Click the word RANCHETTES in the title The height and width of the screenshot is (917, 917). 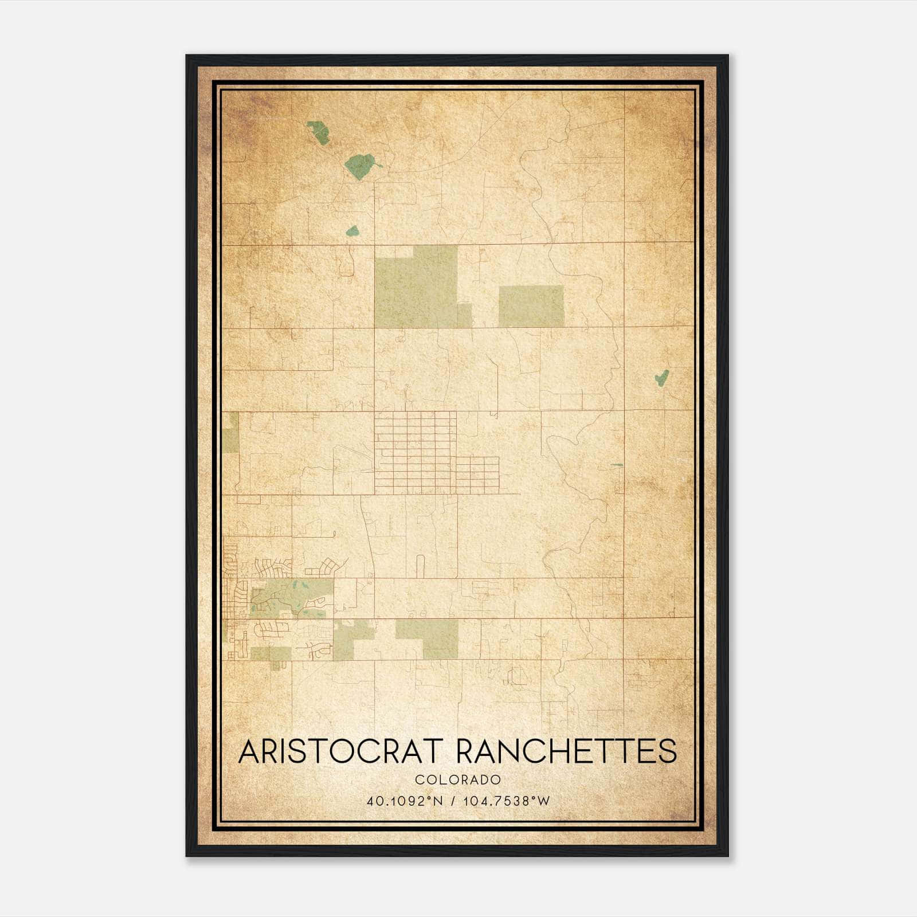pos(566,751)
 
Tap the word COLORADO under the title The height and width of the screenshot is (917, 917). pos(458,780)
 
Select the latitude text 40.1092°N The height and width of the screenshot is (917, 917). pos(405,801)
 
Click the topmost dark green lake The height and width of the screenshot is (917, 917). pos(319,132)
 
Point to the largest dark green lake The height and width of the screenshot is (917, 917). pos(360,166)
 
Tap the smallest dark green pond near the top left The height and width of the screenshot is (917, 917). pos(352,232)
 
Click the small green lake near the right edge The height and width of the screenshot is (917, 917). pos(662,378)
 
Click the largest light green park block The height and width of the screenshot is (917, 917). pos(416,287)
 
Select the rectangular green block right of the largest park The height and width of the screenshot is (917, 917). pos(531,306)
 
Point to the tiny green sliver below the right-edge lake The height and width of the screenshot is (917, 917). pos(616,465)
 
